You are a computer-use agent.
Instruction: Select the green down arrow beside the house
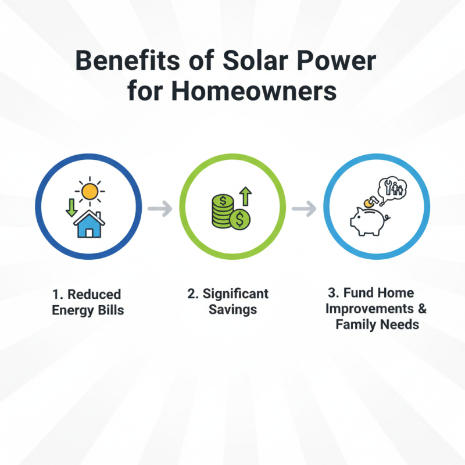(71, 208)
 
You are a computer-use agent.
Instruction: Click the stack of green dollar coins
(221, 212)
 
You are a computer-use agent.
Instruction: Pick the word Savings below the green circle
(233, 309)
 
